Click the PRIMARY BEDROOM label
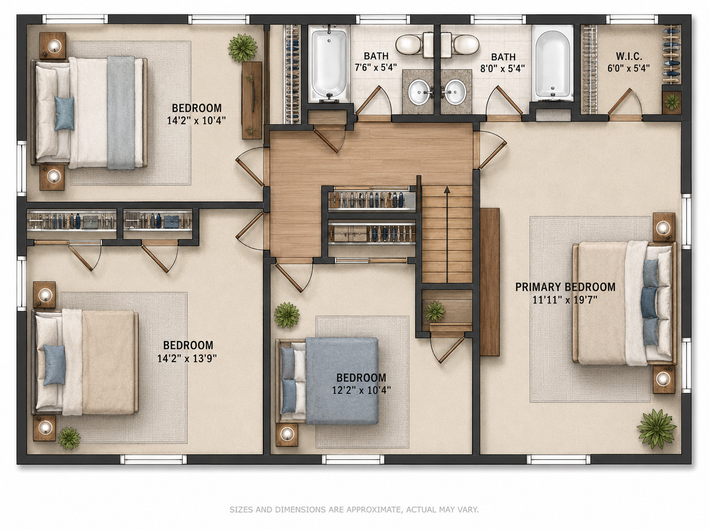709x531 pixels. click(x=565, y=287)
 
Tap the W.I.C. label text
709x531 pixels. click(x=629, y=57)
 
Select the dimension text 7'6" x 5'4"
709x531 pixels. click(x=376, y=67)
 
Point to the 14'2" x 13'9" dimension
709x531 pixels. click(x=187, y=358)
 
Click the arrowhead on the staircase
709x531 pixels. click(x=447, y=190)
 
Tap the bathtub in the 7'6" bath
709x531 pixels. click(x=329, y=63)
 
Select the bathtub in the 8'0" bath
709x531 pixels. click(x=552, y=64)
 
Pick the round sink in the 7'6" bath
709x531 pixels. click(x=419, y=92)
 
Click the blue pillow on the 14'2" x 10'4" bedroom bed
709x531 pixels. click(x=64, y=114)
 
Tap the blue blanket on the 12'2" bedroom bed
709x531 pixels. click(x=342, y=381)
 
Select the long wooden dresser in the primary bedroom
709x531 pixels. click(x=490, y=282)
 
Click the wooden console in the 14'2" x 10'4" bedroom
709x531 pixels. click(x=252, y=100)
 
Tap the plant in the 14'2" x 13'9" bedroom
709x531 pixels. click(x=69, y=438)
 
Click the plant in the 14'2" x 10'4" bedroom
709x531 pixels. click(x=243, y=47)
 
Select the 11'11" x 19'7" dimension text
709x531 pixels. click(x=565, y=300)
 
